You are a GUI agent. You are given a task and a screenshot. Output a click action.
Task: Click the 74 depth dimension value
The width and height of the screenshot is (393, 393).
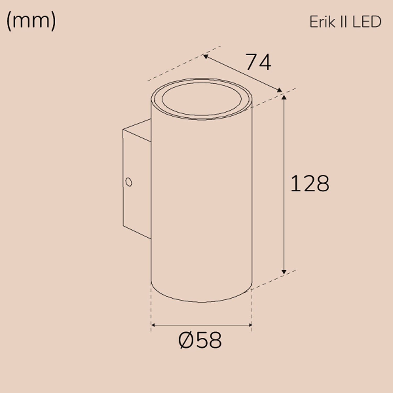click(x=258, y=62)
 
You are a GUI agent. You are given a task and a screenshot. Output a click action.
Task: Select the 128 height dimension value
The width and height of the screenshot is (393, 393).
click(x=310, y=184)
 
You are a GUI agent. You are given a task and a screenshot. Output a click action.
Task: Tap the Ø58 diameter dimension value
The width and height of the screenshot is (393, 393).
click(x=200, y=340)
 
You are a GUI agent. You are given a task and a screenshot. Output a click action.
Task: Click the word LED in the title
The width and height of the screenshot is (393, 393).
click(x=367, y=22)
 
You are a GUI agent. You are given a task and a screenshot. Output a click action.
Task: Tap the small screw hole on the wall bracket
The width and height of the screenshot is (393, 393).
click(x=128, y=182)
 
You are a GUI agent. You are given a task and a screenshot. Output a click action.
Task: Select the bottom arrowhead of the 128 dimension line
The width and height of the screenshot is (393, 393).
click(x=284, y=272)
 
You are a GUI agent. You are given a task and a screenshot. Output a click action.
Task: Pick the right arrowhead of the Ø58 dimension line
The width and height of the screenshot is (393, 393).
click(x=250, y=325)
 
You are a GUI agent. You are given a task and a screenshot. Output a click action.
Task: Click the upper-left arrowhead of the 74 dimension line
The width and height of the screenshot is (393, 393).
click(x=206, y=56)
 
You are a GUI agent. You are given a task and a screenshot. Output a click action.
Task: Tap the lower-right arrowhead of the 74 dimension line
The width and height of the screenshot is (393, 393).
click(x=280, y=90)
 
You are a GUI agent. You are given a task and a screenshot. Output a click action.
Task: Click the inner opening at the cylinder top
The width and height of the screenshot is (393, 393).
click(x=202, y=99)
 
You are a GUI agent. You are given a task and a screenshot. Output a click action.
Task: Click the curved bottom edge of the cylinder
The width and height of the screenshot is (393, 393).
click(x=202, y=302)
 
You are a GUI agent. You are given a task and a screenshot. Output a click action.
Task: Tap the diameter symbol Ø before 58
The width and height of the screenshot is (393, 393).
click(x=185, y=340)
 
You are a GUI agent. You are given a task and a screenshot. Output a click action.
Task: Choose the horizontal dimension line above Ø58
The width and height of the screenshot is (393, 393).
click(x=202, y=325)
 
